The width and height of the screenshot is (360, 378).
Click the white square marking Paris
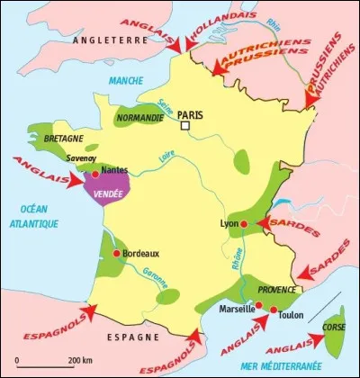pos(185,127)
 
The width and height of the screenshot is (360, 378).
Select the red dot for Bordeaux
pos(116,254)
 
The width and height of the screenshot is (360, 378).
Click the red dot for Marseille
pos(259,307)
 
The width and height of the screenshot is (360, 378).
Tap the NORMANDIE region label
pos(141,116)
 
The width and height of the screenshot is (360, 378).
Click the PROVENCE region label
pos(277,290)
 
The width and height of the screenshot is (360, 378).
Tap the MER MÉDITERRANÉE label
pos(287,366)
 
